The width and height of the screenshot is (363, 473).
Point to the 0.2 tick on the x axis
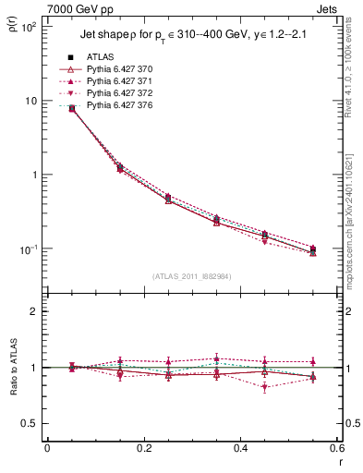143,448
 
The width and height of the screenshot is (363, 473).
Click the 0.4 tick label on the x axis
239,448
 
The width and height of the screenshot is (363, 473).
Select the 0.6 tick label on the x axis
335,448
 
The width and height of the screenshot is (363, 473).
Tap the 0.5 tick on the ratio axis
30,423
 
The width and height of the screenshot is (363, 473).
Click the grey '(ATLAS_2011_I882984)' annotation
192,275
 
